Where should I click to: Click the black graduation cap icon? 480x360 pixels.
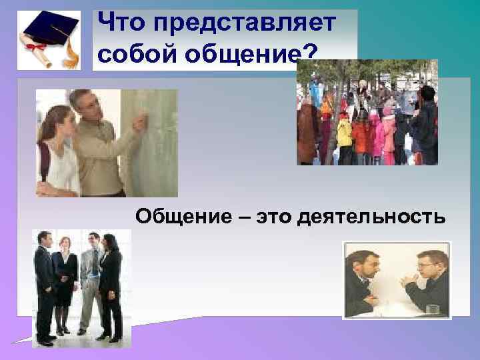pyautogui.click(x=47, y=25)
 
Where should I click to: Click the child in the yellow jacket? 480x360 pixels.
pyautogui.click(x=344, y=133)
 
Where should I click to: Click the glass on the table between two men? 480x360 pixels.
pyautogui.click(x=430, y=308)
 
